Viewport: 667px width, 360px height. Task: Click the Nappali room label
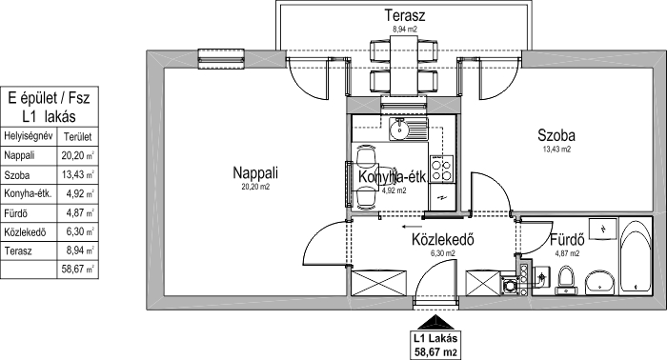tap(255, 173)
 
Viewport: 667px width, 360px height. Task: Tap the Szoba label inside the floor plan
tap(556, 135)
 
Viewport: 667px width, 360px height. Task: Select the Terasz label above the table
tap(405, 15)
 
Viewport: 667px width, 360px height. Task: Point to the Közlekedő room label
tap(443, 240)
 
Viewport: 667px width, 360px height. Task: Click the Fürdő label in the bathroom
tap(567, 240)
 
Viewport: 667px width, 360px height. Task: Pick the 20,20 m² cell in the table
tap(78, 155)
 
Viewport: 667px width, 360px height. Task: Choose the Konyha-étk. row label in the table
tap(28, 194)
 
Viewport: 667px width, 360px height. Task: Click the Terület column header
tap(77, 137)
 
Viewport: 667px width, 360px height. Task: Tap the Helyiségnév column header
tap(28, 136)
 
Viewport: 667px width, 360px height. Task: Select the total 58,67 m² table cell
tap(78, 270)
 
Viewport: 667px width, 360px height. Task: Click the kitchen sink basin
tap(399, 130)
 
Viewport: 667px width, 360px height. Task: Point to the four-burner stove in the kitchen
tap(441, 169)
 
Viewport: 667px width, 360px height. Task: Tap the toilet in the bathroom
tap(566, 281)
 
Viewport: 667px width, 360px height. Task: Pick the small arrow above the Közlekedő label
tap(413, 227)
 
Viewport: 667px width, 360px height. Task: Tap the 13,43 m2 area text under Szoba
tap(556, 150)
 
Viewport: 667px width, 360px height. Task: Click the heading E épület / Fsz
tap(50, 98)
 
